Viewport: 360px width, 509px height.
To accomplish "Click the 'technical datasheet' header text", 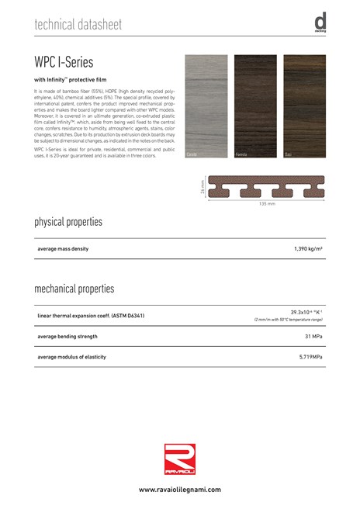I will pyautogui.click(x=78, y=26).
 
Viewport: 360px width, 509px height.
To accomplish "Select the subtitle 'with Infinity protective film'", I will pyautogui.click(x=71, y=80).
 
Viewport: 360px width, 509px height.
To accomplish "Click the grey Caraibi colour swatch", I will pyautogui.click(x=206, y=106).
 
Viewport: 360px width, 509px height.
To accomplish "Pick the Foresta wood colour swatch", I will pyautogui.click(x=255, y=106).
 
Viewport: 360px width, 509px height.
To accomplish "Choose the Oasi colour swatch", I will pyautogui.click(x=304, y=106).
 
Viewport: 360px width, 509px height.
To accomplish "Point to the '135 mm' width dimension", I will pyautogui.click(x=267, y=204).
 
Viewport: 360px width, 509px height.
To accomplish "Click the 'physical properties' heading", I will pyautogui.click(x=68, y=223).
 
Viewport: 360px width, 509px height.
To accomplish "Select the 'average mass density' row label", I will pyautogui.click(x=63, y=248).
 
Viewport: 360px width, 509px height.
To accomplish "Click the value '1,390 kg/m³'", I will pyautogui.click(x=308, y=248).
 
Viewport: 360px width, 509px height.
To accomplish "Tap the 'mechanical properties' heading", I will pyautogui.click(x=74, y=289).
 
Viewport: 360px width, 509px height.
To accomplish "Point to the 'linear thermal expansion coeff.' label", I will pyautogui.click(x=91, y=316).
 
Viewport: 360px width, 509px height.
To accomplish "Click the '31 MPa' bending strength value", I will pyautogui.click(x=313, y=336).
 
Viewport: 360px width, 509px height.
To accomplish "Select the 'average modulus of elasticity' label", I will pyautogui.click(x=71, y=356).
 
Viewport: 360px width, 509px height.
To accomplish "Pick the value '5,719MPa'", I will pyautogui.click(x=310, y=356).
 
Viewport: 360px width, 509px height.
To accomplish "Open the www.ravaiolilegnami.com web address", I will pyautogui.click(x=180, y=490).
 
